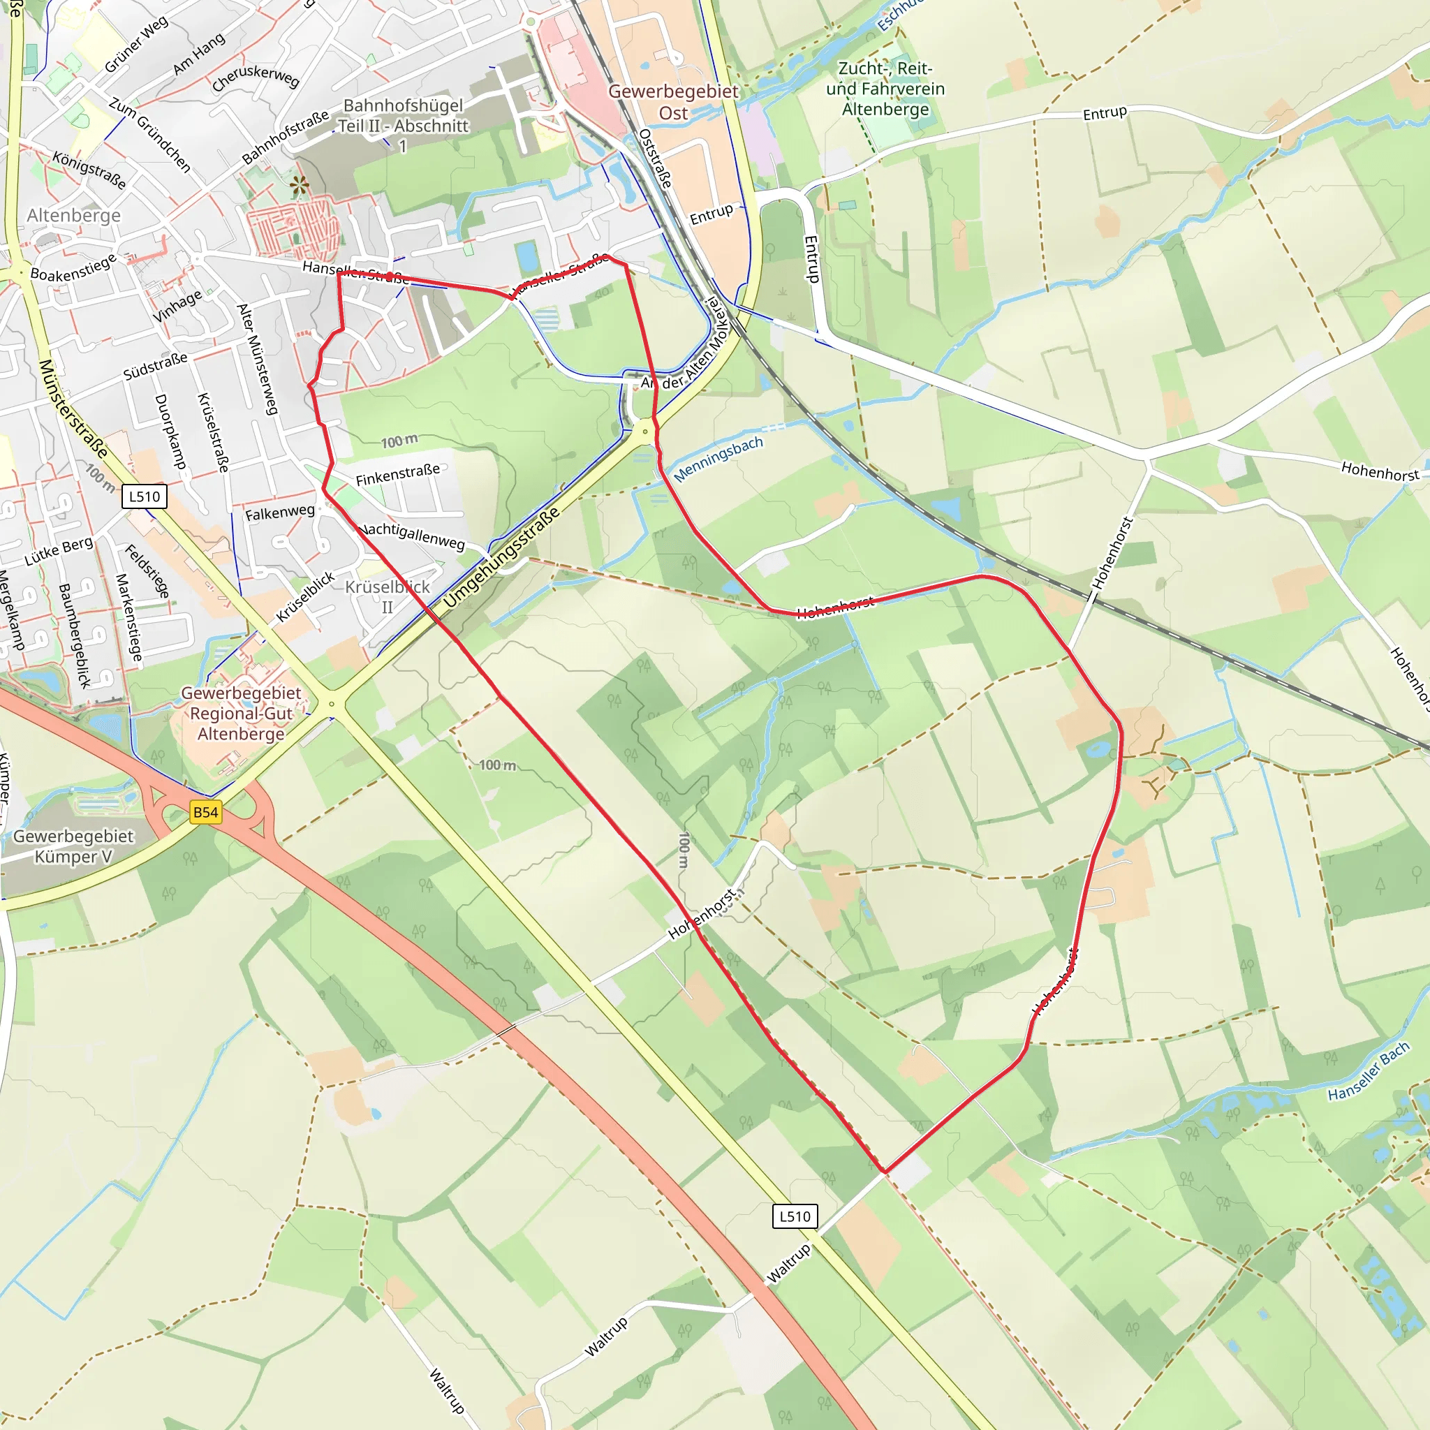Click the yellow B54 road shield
[206, 812]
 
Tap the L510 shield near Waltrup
[795, 1216]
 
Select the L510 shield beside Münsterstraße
[145, 496]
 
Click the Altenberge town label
[74, 215]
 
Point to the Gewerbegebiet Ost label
[673, 102]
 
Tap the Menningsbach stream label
[718, 459]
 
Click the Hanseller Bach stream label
[1369, 1072]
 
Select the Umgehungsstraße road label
[501, 559]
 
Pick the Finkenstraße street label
[397, 474]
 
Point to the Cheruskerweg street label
[256, 77]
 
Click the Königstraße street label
[89, 170]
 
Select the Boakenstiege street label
[73, 267]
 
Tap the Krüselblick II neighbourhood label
[387, 596]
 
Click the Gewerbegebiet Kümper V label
[73, 846]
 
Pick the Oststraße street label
[656, 159]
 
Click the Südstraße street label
[156, 367]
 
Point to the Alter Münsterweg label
[257, 358]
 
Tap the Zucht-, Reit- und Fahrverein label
[885, 89]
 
